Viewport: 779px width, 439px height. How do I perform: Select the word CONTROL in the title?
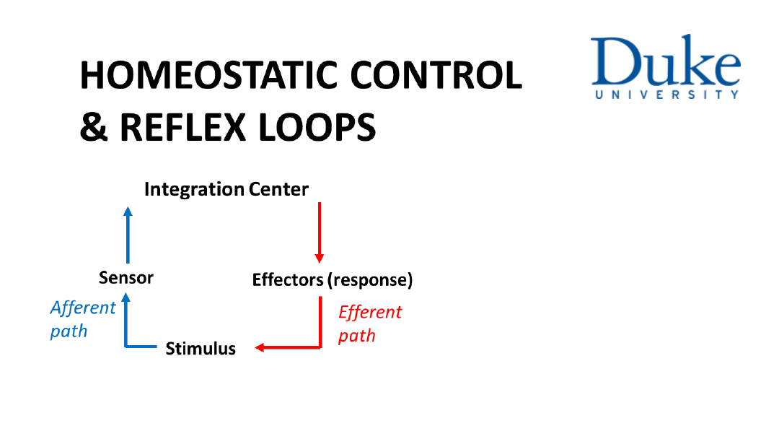(x=436, y=75)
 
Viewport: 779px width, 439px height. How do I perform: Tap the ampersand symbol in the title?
(x=93, y=127)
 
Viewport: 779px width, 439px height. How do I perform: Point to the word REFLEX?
(x=182, y=127)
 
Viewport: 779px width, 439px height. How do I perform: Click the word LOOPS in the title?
(x=317, y=127)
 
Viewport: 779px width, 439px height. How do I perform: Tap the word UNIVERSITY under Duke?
(x=666, y=95)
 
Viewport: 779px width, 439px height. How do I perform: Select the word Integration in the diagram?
(x=194, y=190)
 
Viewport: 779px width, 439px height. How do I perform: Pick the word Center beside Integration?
(x=278, y=189)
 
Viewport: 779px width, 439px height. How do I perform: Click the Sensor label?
(x=126, y=277)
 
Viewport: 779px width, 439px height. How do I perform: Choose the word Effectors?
(x=288, y=279)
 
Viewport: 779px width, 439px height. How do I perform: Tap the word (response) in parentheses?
(x=370, y=280)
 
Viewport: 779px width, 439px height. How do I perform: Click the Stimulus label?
(x=201, y=349)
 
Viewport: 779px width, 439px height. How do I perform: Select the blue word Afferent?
(x=83, y=308)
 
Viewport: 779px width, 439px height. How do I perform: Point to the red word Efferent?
(x=370, y=313)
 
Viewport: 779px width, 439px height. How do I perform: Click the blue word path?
(x=69, y=331)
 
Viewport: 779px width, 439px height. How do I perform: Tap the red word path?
(x=357, y=336)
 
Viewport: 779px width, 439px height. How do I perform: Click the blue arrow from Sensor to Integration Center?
(x=128, y=235)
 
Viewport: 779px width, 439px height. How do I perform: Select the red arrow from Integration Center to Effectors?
(x=320, y=232)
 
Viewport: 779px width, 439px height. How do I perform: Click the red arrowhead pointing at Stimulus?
(x=260, y=347)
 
